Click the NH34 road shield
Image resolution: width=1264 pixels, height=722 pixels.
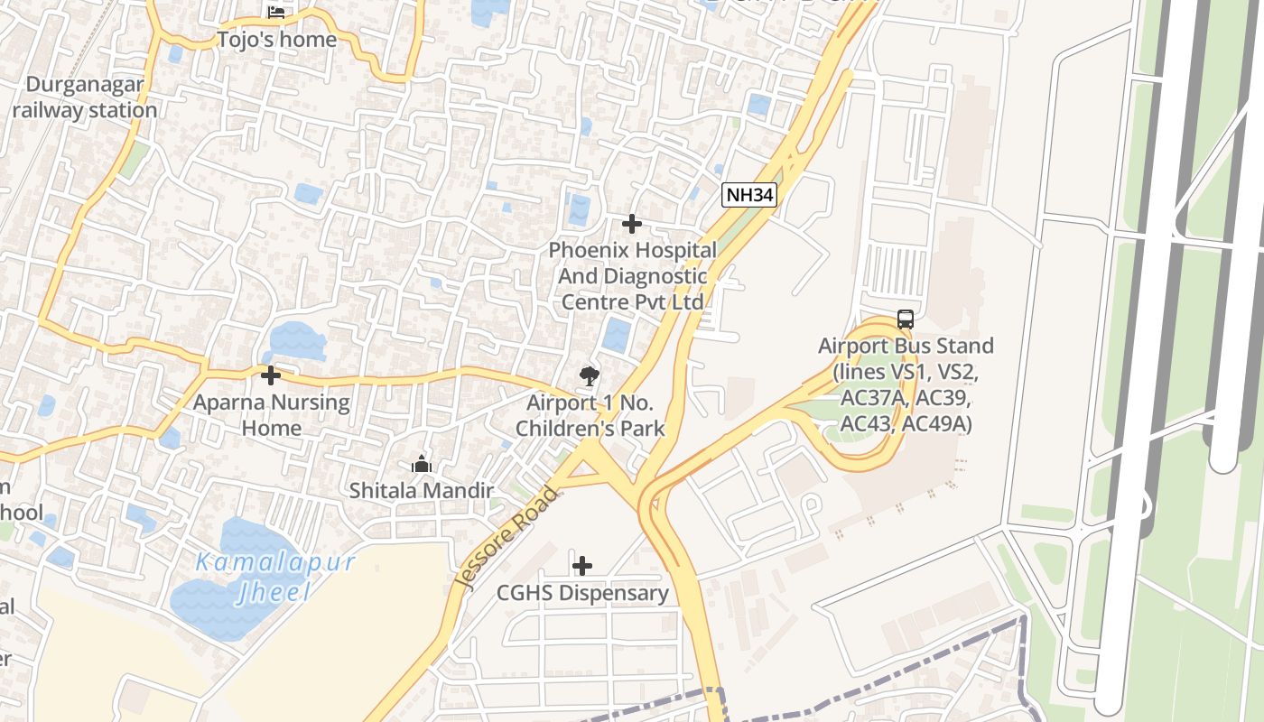749,194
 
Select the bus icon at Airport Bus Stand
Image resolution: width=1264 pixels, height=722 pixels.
905,319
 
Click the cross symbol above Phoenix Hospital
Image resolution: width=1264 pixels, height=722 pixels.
632,223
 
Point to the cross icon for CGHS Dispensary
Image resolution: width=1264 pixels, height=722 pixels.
582,566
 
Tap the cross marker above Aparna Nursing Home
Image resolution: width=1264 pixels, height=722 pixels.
270,375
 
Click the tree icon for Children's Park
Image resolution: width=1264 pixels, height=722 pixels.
590,375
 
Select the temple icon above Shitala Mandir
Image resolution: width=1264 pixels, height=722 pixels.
421,465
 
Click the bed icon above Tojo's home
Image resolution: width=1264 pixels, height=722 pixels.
276,13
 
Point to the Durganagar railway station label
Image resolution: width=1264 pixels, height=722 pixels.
85,97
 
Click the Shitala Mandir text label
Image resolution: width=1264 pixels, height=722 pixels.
422,491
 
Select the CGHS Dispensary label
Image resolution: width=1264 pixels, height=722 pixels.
582,593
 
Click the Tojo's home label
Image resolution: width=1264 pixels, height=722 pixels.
276,40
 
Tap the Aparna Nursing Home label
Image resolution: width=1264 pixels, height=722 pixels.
271,414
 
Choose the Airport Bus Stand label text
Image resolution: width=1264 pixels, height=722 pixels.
905,384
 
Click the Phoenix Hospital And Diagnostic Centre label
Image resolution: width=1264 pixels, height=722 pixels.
632,275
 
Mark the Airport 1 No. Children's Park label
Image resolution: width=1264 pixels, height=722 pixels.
590,415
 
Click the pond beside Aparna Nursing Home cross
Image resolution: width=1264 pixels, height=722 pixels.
296,341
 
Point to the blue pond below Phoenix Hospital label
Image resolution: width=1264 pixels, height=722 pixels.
617,335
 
